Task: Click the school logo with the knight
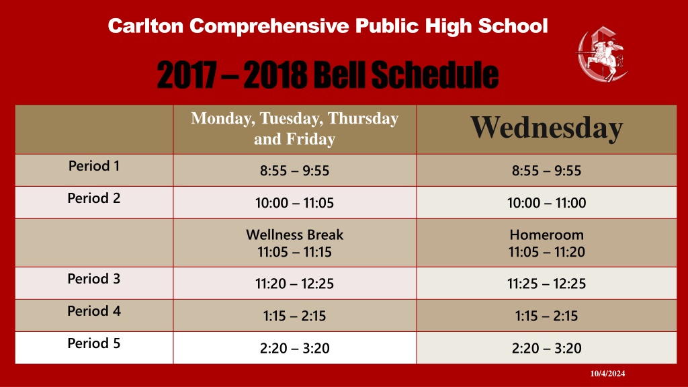click(602, 54)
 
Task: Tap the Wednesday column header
click(547, 128)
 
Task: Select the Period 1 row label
click(94, 166)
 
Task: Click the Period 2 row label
click(94, 198)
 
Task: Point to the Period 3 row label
click(94, 279)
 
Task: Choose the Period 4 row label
click(94, 310)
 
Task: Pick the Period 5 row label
click(94, 343)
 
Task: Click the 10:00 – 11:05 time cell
click(294, 203)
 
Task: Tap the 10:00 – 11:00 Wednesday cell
click(547, 203)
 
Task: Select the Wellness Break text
click(294, 234)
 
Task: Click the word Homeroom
click(547, 234)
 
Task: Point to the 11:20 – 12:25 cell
click(294, 284)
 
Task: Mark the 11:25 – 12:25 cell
click(547, 284)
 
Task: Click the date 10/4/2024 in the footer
click(607, 374)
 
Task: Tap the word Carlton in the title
click(146, 26)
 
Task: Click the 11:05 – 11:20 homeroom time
click(547, 252)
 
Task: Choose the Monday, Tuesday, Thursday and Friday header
click(294, 128)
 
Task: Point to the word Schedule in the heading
click(435, 74)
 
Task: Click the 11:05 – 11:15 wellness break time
click(294, 252)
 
